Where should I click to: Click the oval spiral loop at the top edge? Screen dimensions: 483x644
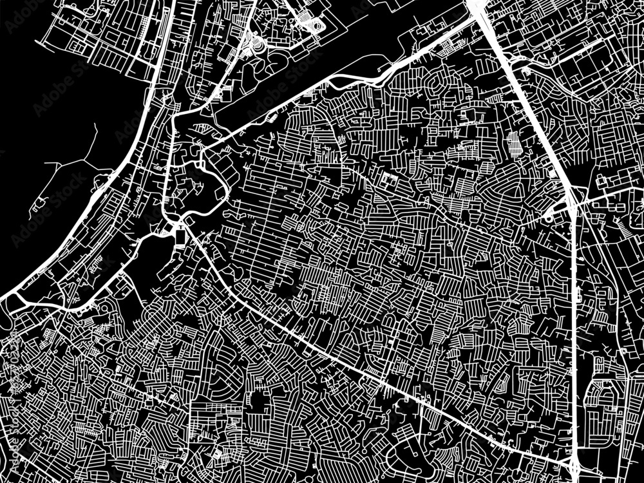point(316,26)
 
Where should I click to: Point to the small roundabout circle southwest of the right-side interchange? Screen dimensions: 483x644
point(548,218)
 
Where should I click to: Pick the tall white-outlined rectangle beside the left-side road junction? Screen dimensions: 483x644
point(180,239)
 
